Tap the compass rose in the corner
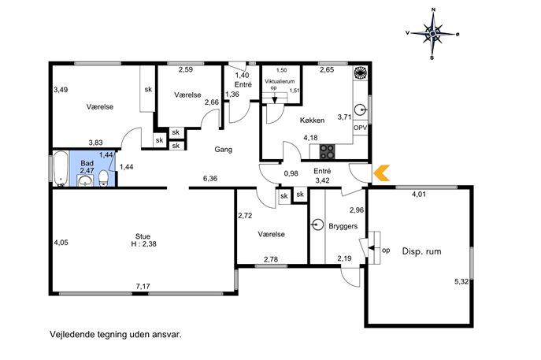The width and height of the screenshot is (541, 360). (432, 34)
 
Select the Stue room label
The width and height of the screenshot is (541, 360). (143, 236)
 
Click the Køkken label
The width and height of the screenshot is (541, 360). (312, 120)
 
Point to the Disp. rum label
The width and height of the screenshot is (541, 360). (421, 251)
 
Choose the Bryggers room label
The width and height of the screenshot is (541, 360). (343, 226)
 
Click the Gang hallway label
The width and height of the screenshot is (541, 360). (223, 150)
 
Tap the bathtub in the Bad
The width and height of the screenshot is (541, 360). (61, 169)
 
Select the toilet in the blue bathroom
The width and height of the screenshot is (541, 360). (104, 179)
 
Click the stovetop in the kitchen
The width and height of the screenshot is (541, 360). (327, 151)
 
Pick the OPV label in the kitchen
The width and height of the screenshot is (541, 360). (360, 128)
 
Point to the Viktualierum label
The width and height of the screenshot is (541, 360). (280, 81)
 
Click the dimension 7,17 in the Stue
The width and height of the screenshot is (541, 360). (143, 286)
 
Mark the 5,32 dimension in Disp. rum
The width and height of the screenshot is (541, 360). (461, 281)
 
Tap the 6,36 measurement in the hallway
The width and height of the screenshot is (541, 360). (210, 179)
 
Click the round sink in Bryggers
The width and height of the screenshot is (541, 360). (317, 225)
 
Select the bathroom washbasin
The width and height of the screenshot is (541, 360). (85, 180)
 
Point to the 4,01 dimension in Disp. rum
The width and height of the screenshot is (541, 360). (419, 194)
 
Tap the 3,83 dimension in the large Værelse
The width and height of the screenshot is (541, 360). (95, 143)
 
